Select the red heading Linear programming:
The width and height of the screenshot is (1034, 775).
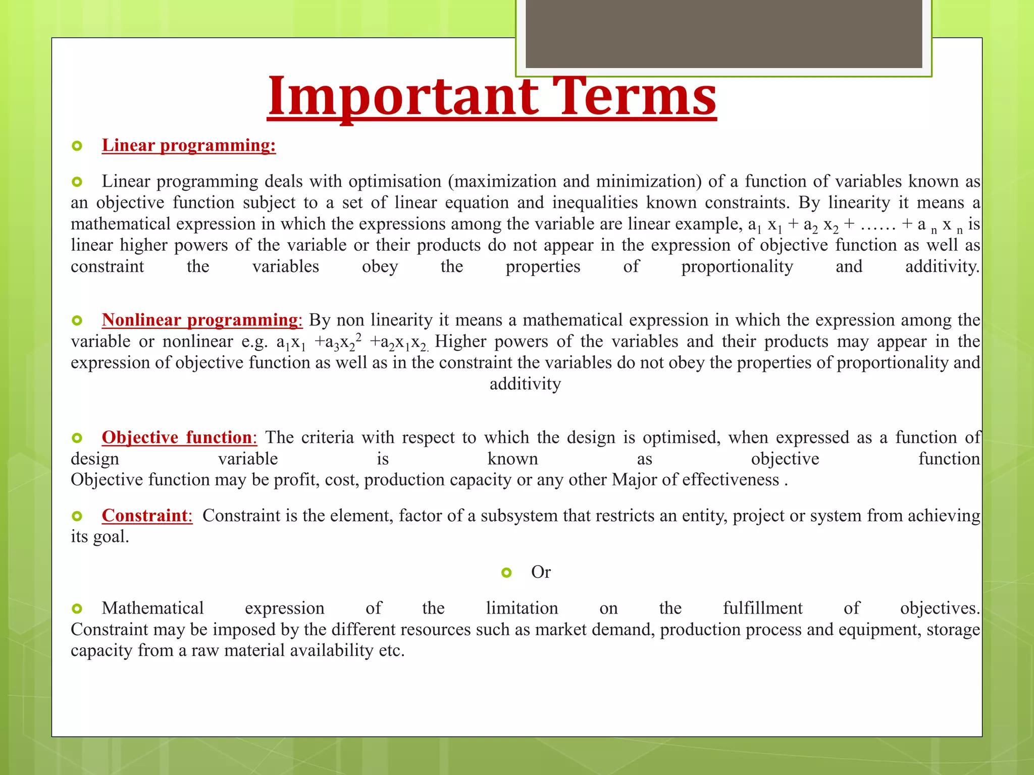point(189,145)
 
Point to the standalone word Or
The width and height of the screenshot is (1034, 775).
point(541,572)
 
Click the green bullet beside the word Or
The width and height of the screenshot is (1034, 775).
point(506,572)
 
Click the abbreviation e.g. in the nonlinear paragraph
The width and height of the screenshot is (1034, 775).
point(254,342)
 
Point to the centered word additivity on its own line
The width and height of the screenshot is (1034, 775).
point(525,384)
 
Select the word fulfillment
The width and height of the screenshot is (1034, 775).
point(762,608)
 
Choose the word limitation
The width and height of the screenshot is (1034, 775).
point(522,608)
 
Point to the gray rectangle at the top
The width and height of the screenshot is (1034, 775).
point(723,33)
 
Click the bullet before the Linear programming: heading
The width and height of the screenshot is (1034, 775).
point(77,146)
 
